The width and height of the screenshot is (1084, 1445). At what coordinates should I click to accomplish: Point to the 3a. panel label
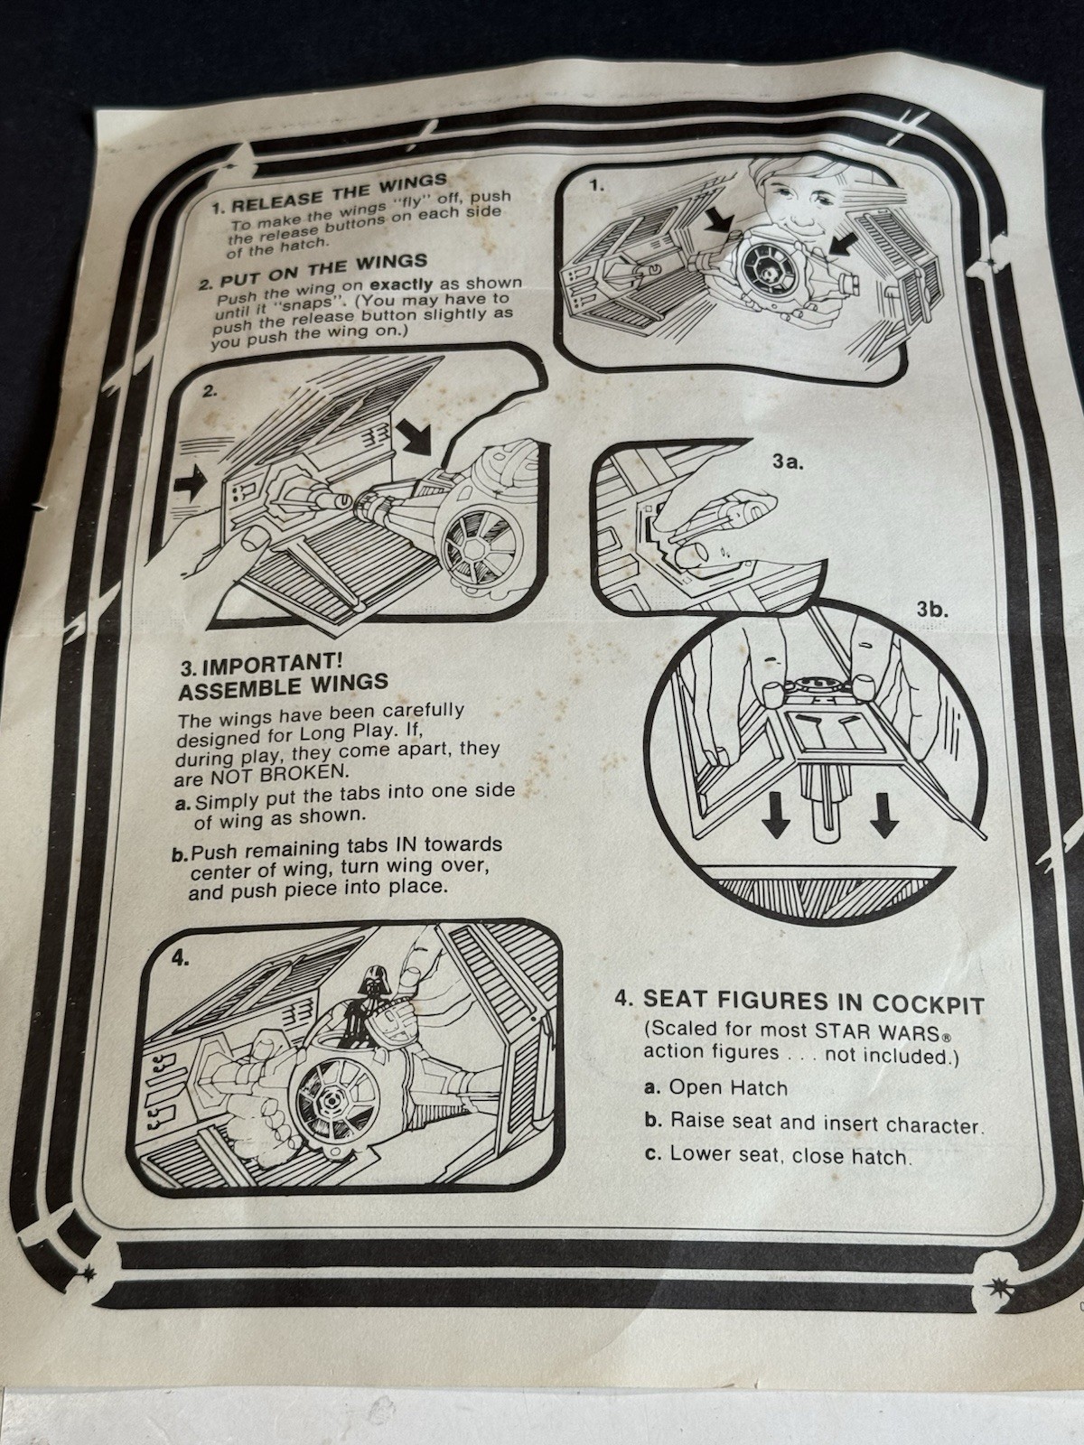[789, 462]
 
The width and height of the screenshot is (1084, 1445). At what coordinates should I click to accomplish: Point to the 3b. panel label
[933, 611]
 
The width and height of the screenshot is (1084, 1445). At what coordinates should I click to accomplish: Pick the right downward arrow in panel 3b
[884, 814]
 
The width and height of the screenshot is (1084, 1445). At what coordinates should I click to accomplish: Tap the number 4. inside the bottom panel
[181, 958]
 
